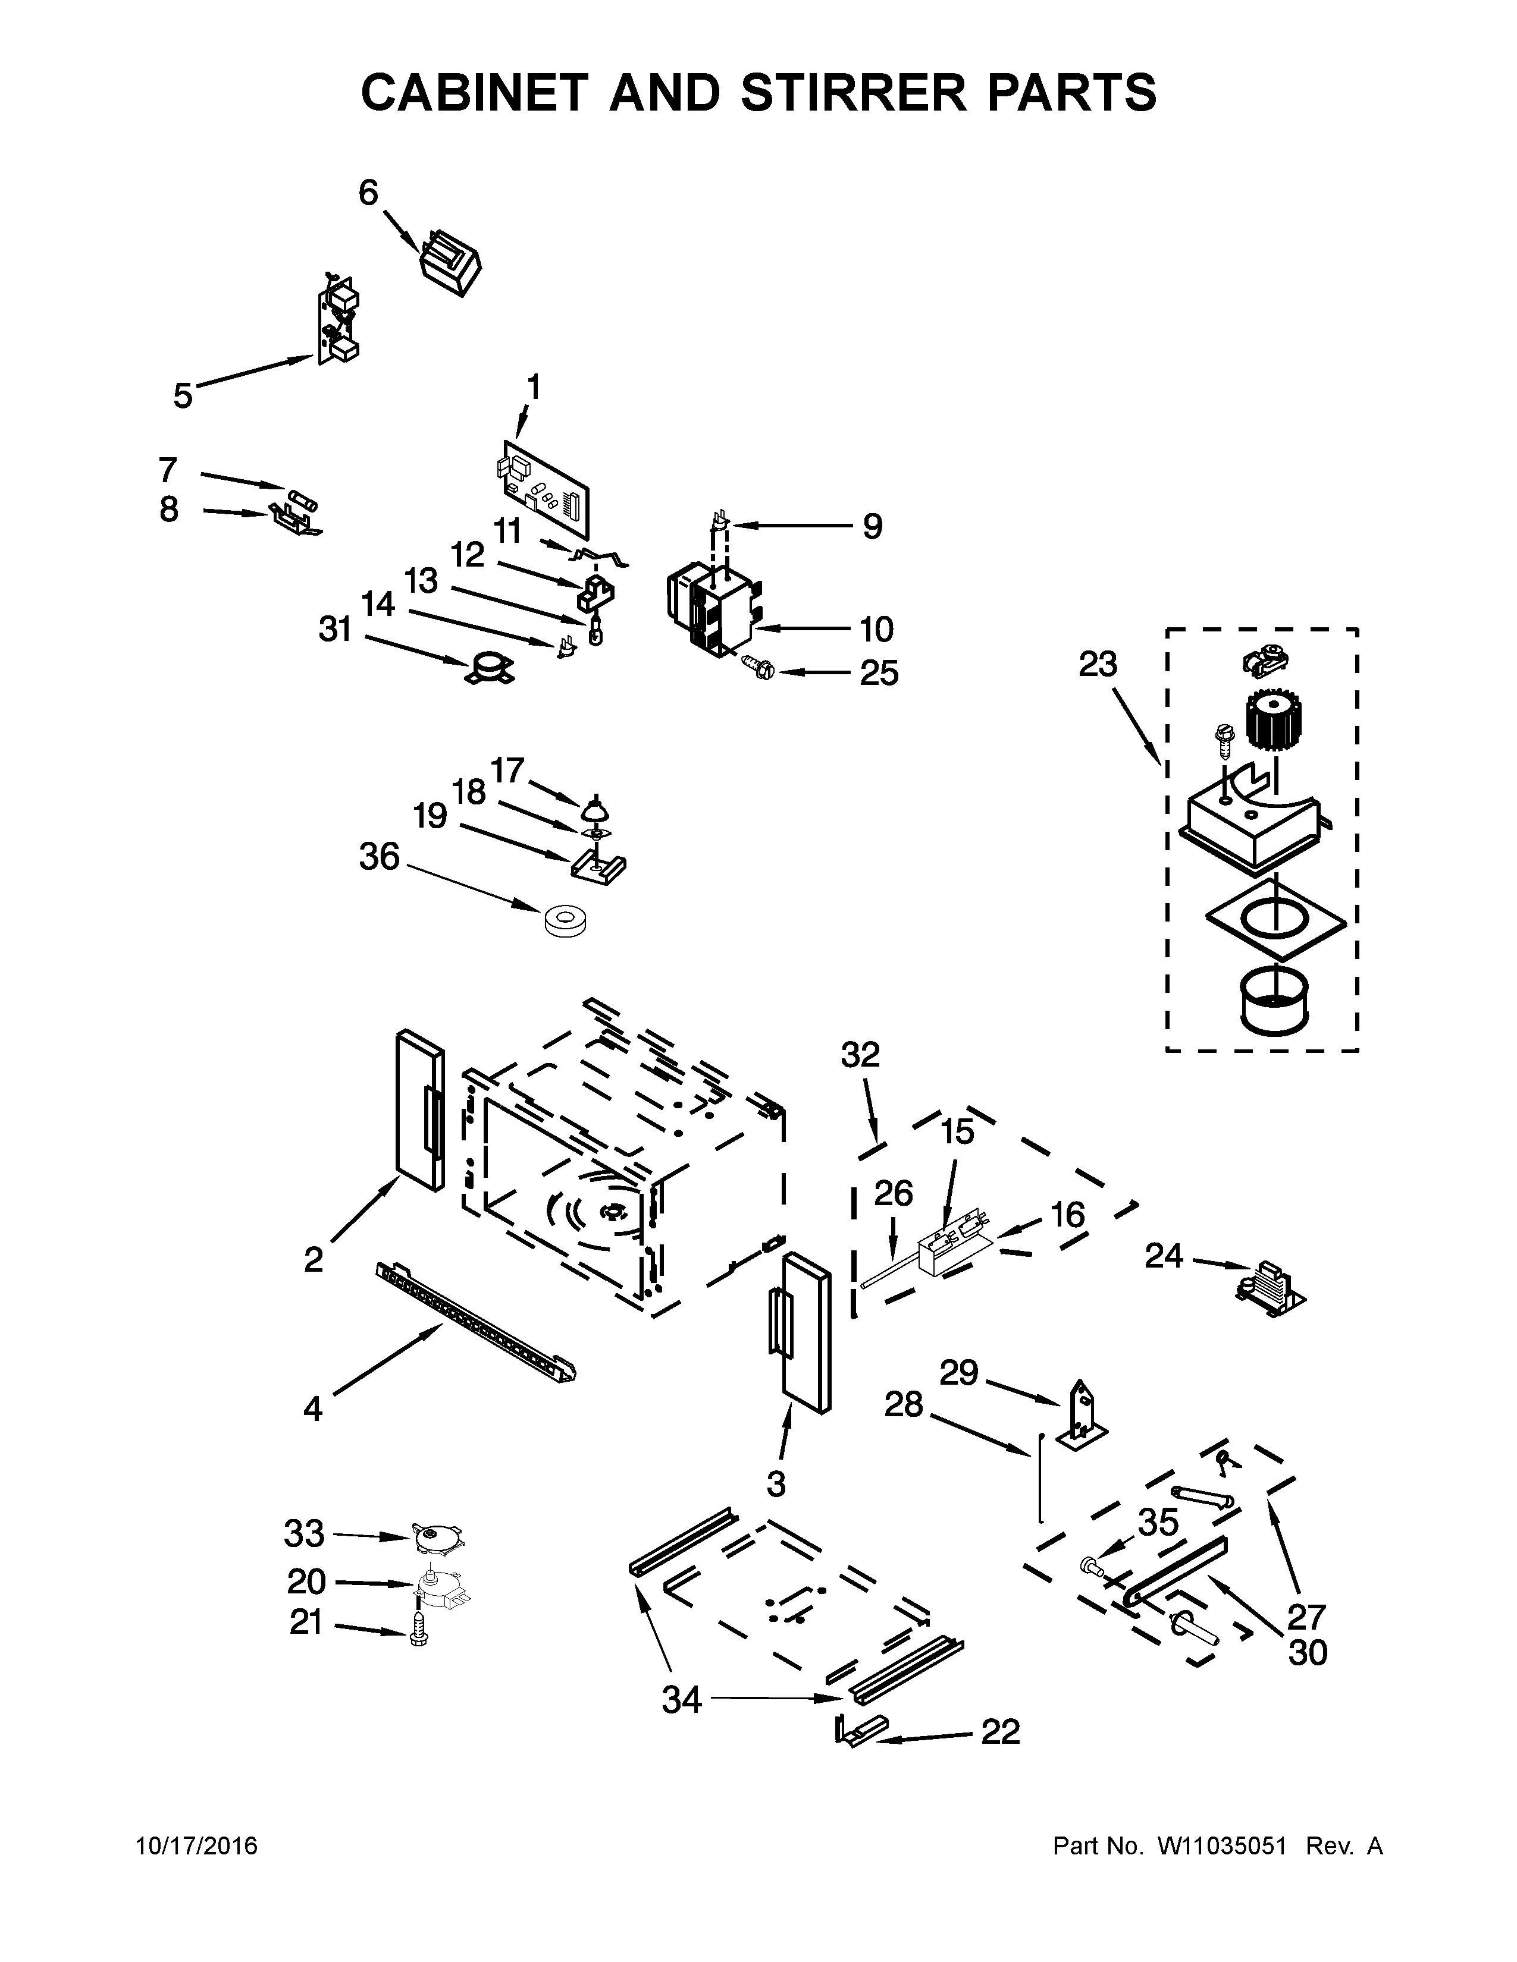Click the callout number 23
point(1098,665)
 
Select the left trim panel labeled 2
point(419,1111)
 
